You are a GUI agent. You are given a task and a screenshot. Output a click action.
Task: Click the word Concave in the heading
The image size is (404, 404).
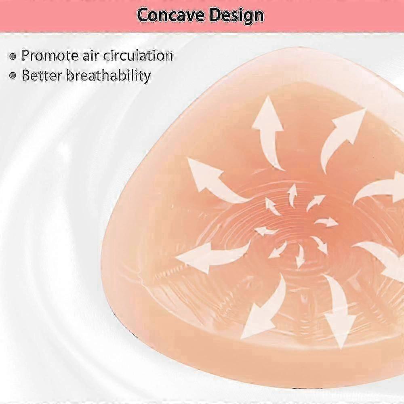(170, 15)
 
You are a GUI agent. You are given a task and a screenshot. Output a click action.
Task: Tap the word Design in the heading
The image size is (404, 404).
(236, 16)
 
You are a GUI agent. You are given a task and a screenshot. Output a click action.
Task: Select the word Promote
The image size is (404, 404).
(50, 55)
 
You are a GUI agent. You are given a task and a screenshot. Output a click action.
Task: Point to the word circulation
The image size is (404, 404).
(138, 55)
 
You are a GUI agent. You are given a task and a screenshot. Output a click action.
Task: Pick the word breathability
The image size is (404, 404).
(108, 76)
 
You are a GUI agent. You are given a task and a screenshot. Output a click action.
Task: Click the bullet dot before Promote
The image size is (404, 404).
(13, 56)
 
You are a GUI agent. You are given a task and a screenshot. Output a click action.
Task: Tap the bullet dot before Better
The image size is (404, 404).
(13, 76)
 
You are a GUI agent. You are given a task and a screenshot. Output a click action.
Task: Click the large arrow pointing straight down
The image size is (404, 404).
(337, 309)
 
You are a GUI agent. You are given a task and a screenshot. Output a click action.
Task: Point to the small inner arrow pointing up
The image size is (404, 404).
(292, 196)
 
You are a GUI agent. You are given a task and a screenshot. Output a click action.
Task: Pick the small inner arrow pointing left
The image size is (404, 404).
(265, 231)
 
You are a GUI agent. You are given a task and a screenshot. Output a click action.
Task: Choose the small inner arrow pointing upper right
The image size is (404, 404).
(316, 202)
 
